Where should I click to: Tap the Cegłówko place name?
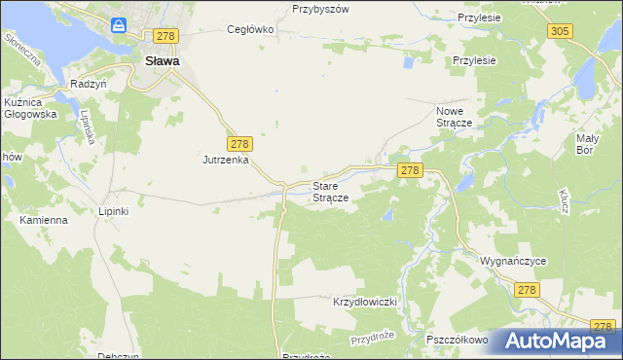click(250, 29)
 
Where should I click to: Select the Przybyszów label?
click(320, 8)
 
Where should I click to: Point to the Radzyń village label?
click(88, 84)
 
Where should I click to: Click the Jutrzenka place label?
click(227, 159)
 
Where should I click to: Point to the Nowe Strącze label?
click(453, 117)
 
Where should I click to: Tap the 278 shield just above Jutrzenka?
click(240, 142)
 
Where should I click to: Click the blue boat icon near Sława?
click(119, 26)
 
